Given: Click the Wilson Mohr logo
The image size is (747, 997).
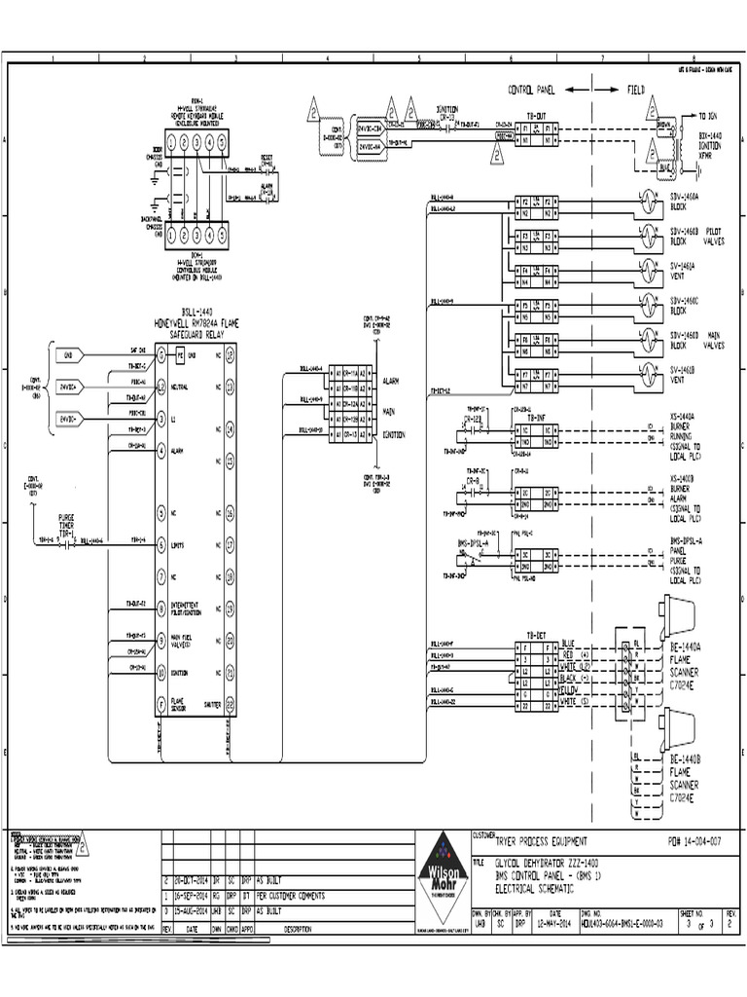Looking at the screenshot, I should point(443,880).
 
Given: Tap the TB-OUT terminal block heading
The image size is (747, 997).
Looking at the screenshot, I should point(536,114).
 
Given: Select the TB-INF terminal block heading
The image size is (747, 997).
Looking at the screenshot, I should point(536,416).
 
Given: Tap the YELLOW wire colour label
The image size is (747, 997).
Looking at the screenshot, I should point(570,690).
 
